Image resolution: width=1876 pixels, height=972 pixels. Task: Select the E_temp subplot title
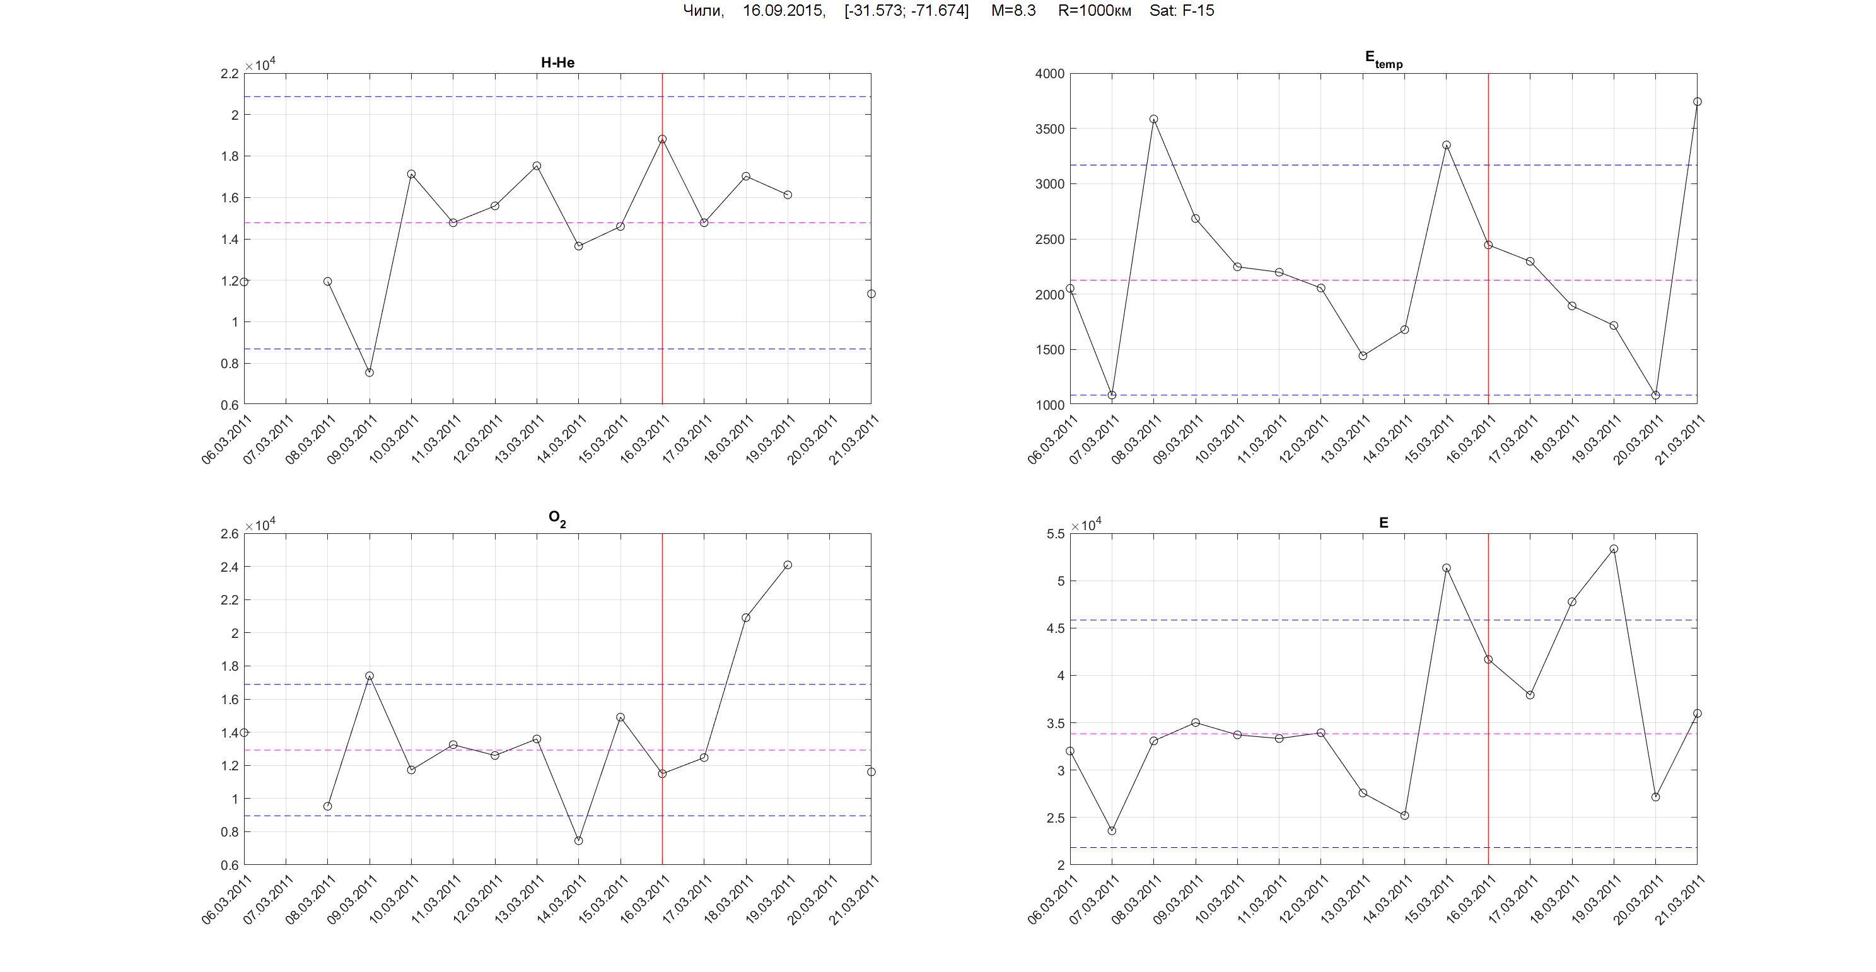coord(1383,59)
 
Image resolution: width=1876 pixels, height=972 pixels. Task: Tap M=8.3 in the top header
coord(1013,11)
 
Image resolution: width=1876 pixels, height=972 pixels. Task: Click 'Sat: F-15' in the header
coord(1181,11)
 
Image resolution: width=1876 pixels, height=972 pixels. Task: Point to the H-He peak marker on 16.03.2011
coord(662,139)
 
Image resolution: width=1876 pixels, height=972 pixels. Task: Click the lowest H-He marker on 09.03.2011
coord(370,373)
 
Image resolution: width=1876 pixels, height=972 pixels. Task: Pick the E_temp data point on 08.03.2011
coord(1153,119)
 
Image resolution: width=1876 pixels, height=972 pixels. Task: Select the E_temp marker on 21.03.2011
coord(1697,102)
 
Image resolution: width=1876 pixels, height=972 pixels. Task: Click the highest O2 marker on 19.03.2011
coord(787,565)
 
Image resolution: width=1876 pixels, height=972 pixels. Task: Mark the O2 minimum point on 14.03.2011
coord(578,841)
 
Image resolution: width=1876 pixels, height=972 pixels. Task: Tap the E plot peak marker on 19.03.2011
coord(1614,549)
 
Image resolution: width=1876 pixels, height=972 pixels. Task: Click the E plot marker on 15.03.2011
coord(1447,568)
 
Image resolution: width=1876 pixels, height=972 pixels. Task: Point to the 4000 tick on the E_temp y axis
coord(1049,74)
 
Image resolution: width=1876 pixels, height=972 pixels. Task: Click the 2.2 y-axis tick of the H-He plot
coord(230,74)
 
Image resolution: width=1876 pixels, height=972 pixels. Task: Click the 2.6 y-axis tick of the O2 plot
coord(230,534)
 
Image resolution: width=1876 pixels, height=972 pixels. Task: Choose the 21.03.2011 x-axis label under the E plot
coord(1679,901)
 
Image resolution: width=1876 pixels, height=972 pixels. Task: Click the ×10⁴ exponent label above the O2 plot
coord(260,524)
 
